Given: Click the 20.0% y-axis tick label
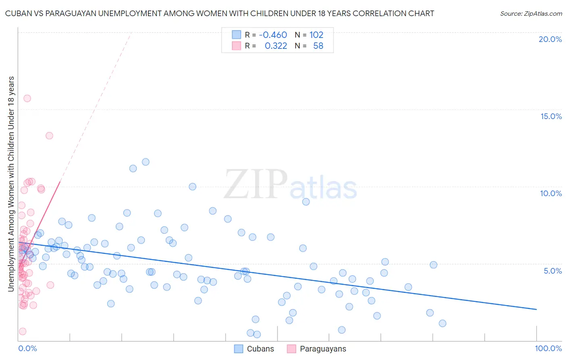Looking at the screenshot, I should (550, 39).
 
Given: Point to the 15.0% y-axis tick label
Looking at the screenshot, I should (551, 116).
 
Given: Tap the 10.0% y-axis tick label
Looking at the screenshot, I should (551, 193).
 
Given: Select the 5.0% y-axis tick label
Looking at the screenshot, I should (552, 271).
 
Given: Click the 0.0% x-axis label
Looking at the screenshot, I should (27, 348).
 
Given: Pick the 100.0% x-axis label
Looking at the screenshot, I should (548, 348).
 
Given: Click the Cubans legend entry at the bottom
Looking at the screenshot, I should (254, 349).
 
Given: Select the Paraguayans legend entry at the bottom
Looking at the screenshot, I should (317, 349).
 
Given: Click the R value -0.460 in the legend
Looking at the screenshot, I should (273, 35).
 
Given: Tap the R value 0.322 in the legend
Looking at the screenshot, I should (276, 46).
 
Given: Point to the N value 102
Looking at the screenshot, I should (316, 35).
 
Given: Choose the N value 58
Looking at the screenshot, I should (318, 46).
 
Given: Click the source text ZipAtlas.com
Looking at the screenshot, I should (531, 14).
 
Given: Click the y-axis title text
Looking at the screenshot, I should (11, 184).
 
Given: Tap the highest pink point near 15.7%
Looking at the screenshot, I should (27, 98).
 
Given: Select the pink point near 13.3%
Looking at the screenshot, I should (49, 136).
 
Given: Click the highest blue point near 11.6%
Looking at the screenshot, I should (146, 162).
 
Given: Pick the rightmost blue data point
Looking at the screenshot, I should (442, 323).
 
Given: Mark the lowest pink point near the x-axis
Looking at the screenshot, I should (23, 331).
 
